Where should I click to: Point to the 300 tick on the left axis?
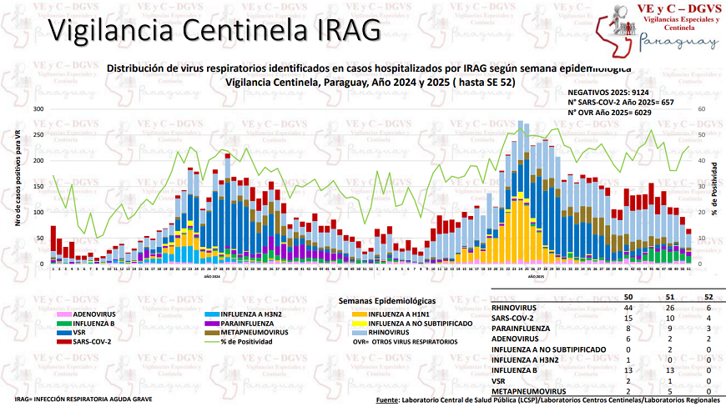[38, 109]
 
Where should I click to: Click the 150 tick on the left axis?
[38, 186]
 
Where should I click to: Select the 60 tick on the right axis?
[702, 109]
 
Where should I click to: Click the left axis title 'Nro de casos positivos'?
[18, 186]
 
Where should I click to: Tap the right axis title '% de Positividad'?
[715, 186]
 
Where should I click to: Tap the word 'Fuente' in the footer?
[387, 400]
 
